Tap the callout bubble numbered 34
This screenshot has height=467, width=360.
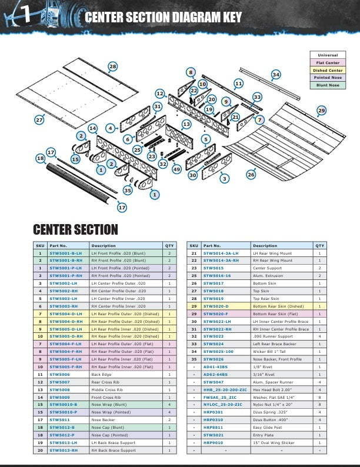point(276,75)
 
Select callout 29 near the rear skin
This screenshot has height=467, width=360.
point(321,110)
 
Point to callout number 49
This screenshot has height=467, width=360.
point(177,169)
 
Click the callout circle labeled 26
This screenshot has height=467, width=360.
point(251,175)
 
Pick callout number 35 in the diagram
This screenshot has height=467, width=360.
point(128,189)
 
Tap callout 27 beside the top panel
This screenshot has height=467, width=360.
point(39,119)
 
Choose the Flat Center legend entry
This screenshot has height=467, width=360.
point(328,62)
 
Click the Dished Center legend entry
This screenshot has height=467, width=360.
point(328,70)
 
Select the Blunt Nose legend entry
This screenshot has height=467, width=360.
point(328,85)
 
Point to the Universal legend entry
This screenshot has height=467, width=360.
point(328,55)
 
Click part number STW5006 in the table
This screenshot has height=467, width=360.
point(59,374)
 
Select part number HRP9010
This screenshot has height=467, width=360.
point(213,442)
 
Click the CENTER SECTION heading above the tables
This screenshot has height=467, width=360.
point(75,229)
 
